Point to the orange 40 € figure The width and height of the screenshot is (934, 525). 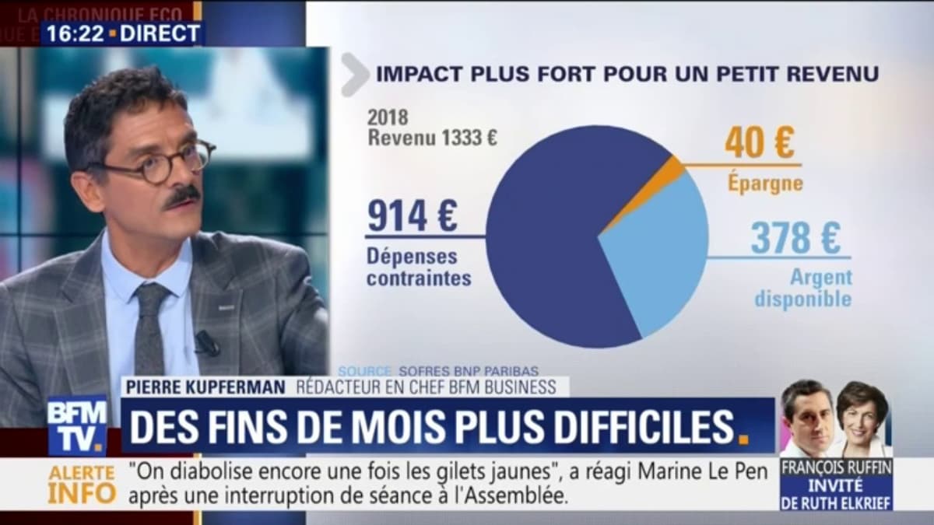coord(760,142)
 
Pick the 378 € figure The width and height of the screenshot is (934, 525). coord(795,239)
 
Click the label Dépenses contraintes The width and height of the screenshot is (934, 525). coord(418,267)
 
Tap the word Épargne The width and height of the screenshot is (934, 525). coord(764,184)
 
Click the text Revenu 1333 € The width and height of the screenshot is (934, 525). coord(433,137)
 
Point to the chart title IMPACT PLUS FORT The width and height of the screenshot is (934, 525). coord(627,74)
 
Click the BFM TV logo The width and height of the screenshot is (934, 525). coord(77,425)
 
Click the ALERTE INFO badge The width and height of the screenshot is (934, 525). coord(82,484)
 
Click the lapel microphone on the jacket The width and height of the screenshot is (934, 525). coord(207,343)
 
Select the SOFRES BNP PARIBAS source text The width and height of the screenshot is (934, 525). coord(468,369)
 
